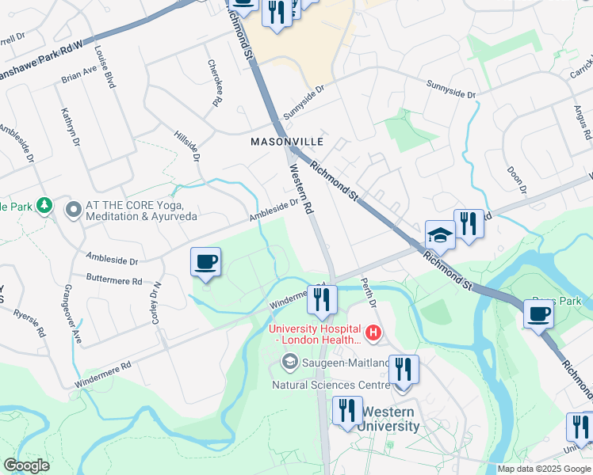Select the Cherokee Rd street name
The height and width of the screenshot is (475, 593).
click(x=213, y=82)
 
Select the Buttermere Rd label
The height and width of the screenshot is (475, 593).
click(x=114, y=280)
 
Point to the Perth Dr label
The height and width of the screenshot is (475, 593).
click(x=367, y=294)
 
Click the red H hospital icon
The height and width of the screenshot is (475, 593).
click(x=371, y=330)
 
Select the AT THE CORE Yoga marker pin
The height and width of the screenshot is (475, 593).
click(x=74, y=210)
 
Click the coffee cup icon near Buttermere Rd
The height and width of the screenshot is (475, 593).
click(x=206, y=262)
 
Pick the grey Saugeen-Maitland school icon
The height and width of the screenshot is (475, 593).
click(x=290, y=363)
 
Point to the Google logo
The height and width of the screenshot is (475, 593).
click(x=27, y=465)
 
